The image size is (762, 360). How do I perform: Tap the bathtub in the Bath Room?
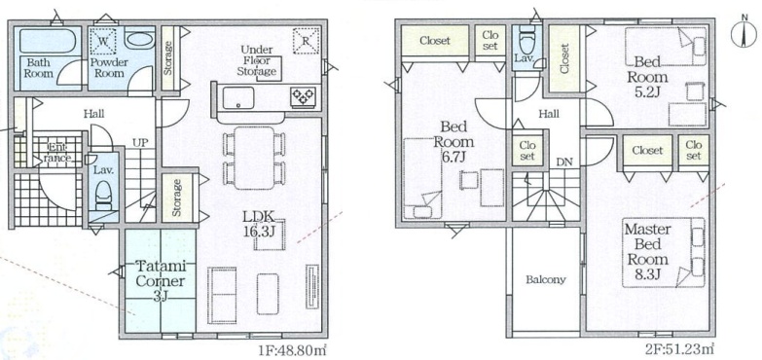click(47, 41)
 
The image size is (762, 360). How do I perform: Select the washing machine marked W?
click(104, 41)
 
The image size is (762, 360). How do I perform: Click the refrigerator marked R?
click(307, 41)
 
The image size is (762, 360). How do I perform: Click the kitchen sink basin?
click(237, 97)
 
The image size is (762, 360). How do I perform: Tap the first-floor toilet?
click(103, 195)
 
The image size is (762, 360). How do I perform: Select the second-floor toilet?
click(526, 41)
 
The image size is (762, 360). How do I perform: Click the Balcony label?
click(546, 280)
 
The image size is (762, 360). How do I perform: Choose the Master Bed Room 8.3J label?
click(648, 251)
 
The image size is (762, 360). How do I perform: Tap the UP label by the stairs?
click(141, 143)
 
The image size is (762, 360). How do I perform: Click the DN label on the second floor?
click(564, 162)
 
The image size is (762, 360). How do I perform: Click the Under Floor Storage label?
click(258, 61)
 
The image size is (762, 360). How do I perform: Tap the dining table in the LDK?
click(254, 158)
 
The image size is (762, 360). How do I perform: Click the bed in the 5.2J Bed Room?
click(666, 46)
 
